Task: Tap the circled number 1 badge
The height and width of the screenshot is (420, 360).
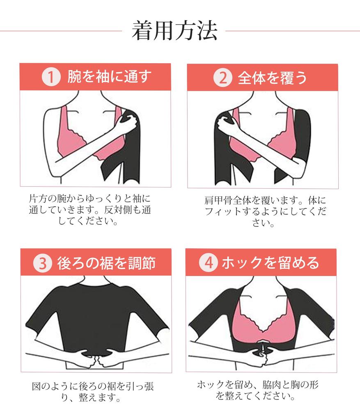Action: pyautogui.click(x=50, y=77)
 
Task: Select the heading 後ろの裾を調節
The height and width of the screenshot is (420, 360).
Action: pyautogui.click(x=106, y=263)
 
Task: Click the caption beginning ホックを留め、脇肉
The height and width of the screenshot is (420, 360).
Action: pyautogui.click(x=258, y=390)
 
